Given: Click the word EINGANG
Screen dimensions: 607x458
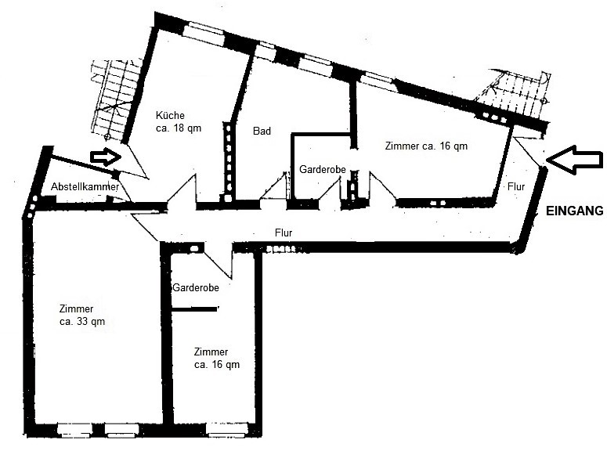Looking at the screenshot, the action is point(574,211).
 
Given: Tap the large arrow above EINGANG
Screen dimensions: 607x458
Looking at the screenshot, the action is point(575,160).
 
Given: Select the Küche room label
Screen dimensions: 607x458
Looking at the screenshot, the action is point(170,115).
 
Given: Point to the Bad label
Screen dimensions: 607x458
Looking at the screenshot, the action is point(262,131).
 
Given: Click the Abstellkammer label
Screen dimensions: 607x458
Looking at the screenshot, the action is point(85,187).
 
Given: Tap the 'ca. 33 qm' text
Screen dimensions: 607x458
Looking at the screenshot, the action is point(82,322).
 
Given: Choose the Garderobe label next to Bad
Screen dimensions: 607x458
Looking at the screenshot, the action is point(323,169).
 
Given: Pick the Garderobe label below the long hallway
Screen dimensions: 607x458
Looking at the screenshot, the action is point(196,288).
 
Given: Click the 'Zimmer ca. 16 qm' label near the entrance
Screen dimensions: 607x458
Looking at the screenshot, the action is point(426,146).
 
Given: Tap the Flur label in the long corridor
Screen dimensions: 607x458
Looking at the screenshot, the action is point(284,233).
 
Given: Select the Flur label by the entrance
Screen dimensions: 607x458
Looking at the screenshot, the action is point(516,186).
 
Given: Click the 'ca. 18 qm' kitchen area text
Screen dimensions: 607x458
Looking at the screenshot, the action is point(179,128).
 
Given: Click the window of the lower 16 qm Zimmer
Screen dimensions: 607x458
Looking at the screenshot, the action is point(227,429).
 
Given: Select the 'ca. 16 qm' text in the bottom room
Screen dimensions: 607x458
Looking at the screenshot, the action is point(217,364).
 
